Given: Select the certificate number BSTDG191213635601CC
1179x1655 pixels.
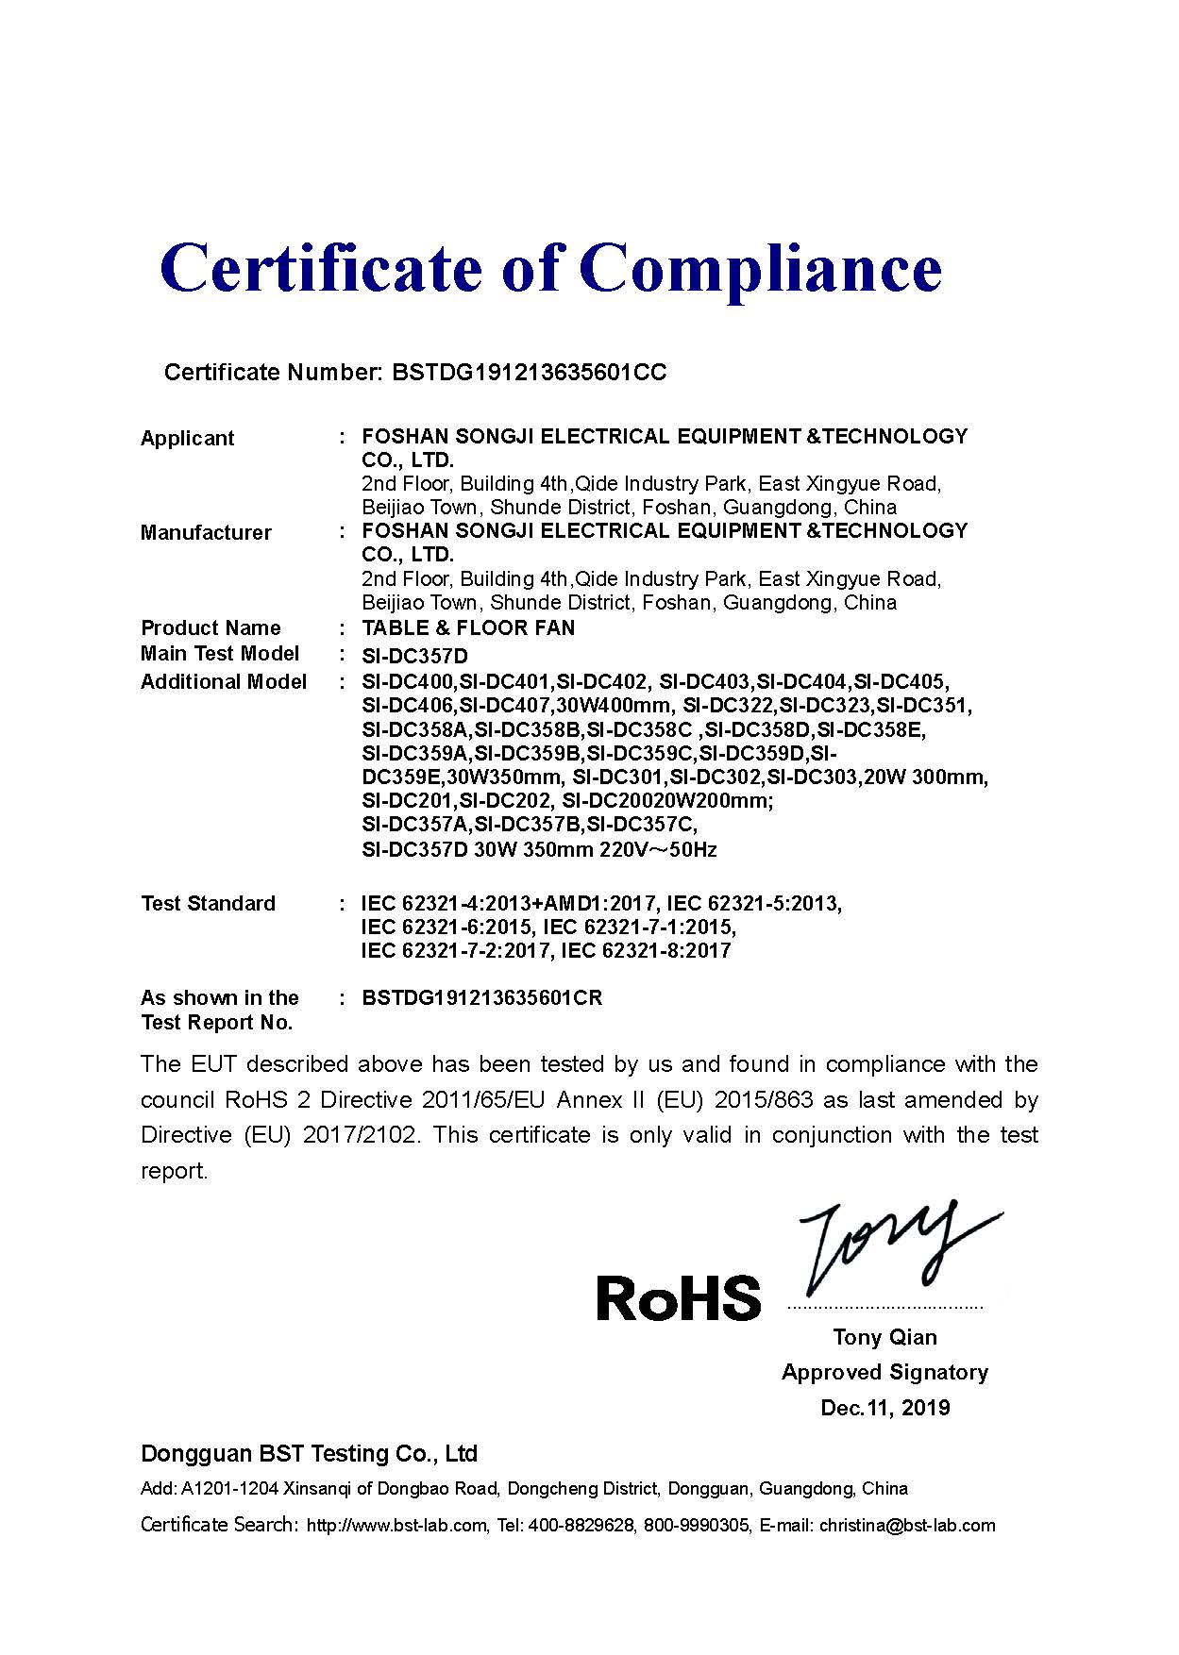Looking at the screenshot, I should [529, 373].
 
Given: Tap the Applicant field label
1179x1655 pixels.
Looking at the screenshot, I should [187, 438].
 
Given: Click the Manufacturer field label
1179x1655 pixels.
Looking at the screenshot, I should [206, 532].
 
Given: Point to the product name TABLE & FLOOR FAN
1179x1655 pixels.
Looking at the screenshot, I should [468, 628].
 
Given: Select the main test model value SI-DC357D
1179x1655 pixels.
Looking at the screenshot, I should [414, 656].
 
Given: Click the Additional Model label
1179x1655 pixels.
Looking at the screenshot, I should [224, 681].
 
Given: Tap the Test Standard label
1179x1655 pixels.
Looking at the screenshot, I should [208, 903].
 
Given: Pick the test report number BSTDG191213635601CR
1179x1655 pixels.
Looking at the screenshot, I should [481, 998].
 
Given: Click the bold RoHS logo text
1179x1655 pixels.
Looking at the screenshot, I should [679, 1297].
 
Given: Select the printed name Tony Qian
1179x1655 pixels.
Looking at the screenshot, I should [884, 1337].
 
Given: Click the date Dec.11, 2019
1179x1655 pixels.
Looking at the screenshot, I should [884, 1408].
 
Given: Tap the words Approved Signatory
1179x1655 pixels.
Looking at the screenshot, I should [884, 1372].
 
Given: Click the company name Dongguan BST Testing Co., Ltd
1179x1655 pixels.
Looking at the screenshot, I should [309, 1453].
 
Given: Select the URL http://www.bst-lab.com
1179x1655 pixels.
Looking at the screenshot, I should [397, 1526].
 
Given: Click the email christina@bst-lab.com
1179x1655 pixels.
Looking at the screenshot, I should [906, 1526].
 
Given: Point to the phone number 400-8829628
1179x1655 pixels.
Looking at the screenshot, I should [581, 1526].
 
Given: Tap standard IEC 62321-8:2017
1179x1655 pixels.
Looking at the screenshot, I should [646, 951].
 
